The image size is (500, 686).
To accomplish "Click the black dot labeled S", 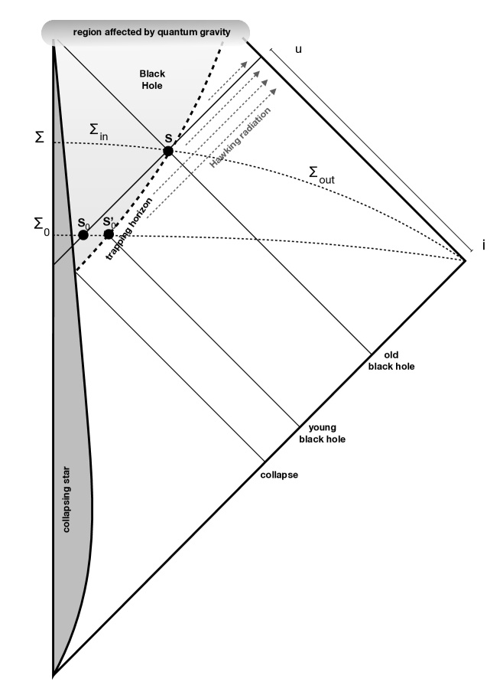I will (168, 151).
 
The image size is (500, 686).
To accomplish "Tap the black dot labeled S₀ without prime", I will (83, 234).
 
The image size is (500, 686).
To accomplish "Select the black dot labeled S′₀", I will (109, 234).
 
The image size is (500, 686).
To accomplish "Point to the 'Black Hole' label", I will (152, 80).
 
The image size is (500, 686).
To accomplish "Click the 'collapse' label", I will (279, 475).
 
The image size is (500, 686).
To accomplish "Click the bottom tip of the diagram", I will (54, 676).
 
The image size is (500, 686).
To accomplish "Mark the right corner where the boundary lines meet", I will (466, 261).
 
